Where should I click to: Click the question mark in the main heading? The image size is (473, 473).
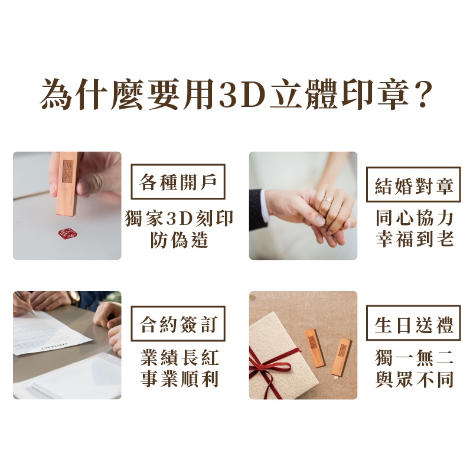[423, 93]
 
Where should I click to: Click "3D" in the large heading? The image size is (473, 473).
[242, 94]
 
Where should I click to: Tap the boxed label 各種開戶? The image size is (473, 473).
[178, 182]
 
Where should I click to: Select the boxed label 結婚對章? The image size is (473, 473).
[413, 185]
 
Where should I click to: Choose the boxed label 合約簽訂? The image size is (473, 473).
[178, 324]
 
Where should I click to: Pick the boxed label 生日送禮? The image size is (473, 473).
[413, 323]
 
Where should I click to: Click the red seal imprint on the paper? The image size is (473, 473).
[67, 234]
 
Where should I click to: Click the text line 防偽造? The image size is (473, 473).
[179, 240]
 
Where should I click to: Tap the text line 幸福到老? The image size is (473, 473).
[415, 239]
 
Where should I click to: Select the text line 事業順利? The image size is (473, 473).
[179, 379]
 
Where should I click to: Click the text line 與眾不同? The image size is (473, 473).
[415, 379]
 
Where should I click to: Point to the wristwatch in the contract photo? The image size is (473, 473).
[74, 298]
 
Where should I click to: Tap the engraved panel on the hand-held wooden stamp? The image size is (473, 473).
[68, 171]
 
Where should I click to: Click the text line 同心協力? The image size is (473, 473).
[415, 218]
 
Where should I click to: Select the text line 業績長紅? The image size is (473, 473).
[179, 358]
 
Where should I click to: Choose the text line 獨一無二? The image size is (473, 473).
[415, 358]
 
